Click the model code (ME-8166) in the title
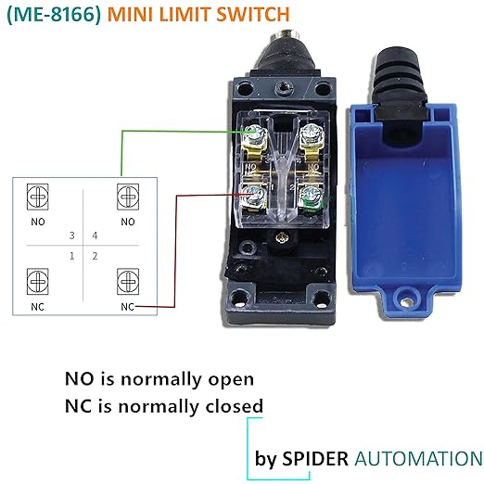54,15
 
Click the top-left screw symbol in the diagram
38,197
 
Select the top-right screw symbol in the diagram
128,197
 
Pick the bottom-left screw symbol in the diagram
38,281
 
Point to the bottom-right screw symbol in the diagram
128,281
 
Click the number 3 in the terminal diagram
72,236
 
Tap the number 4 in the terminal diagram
95,236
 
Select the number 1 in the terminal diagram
72,256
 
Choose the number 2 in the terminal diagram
95,256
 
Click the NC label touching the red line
128,307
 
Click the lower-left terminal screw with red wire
254,196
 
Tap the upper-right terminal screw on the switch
312,134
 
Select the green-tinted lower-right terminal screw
311,197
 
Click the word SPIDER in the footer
315,458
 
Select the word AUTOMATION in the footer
419,458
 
